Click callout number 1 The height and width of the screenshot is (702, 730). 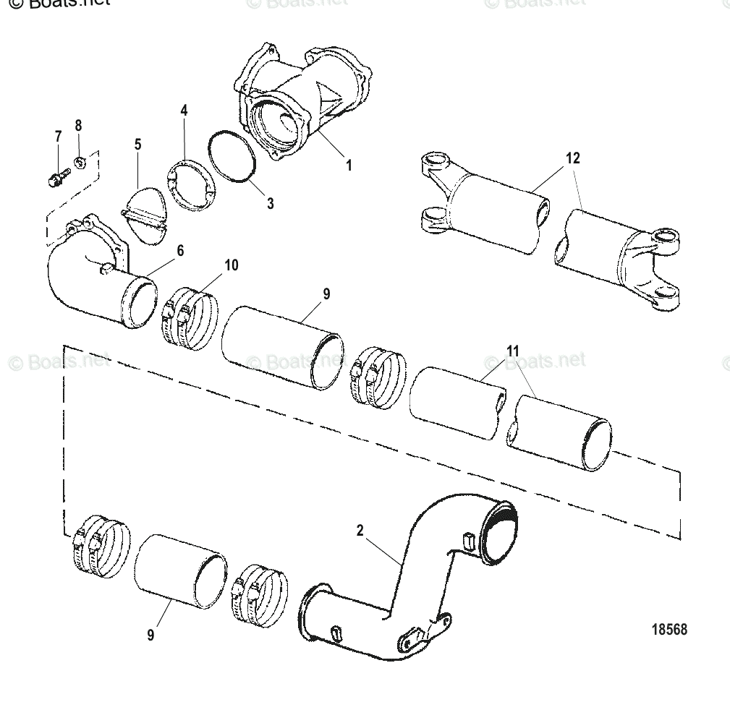tap(348, 166)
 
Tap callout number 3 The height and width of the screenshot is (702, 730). tap(270, 204)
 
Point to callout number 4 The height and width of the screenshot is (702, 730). tap(184, 111)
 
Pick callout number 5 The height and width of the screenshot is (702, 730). tap(137, 145)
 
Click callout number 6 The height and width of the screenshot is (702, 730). tap(180, 250)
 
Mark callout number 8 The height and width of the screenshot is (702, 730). tap(78, 125)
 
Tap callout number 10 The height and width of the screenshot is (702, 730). tap(231, 265)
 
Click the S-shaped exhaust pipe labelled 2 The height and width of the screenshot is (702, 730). tap(405, 578)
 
